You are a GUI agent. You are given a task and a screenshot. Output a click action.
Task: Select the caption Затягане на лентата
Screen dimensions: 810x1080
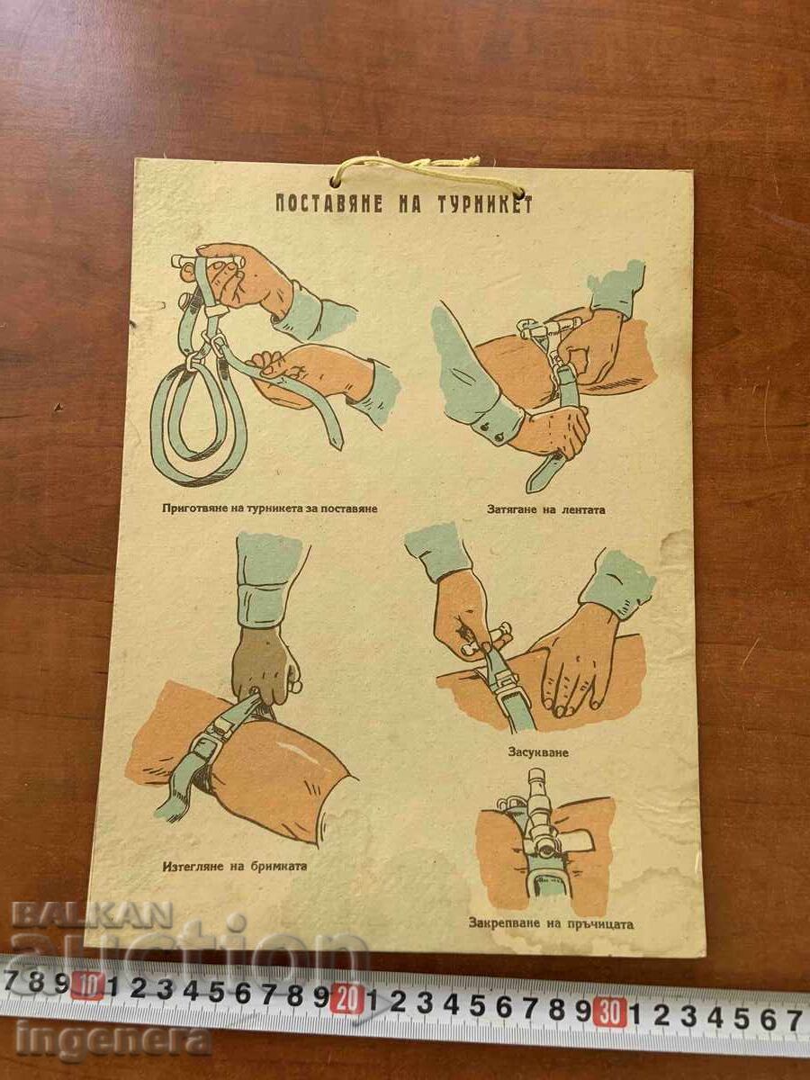[x=546, y=509]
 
